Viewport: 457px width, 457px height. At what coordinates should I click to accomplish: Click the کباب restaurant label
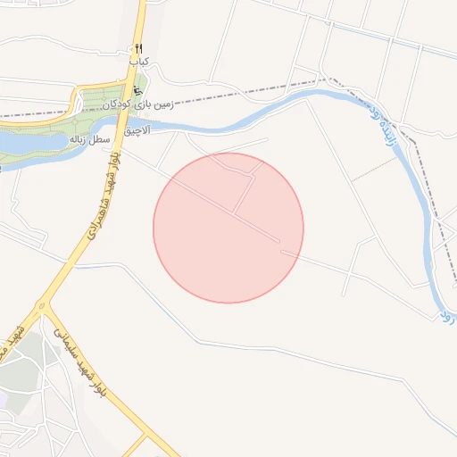138,62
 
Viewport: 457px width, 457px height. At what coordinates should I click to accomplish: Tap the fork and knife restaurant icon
138,48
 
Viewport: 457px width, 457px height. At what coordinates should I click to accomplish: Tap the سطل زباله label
91,140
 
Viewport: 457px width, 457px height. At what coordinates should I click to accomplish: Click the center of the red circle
228,228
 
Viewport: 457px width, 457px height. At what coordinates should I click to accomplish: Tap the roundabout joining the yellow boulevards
43,309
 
